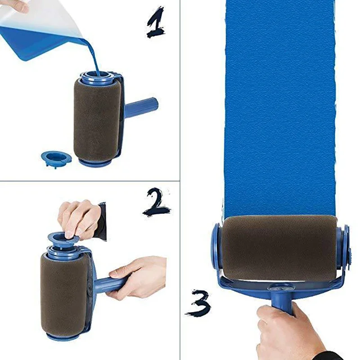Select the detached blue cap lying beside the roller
pyautogui.click(x=56, y=157)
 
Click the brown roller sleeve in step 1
pyautogui.click(x=96, y=119)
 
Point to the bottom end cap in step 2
pyautogui.click(x=63, y=336)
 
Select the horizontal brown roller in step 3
pyautogui.click(x=279, y=247)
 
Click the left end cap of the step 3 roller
pyautogui.click(x=216, y=250)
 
